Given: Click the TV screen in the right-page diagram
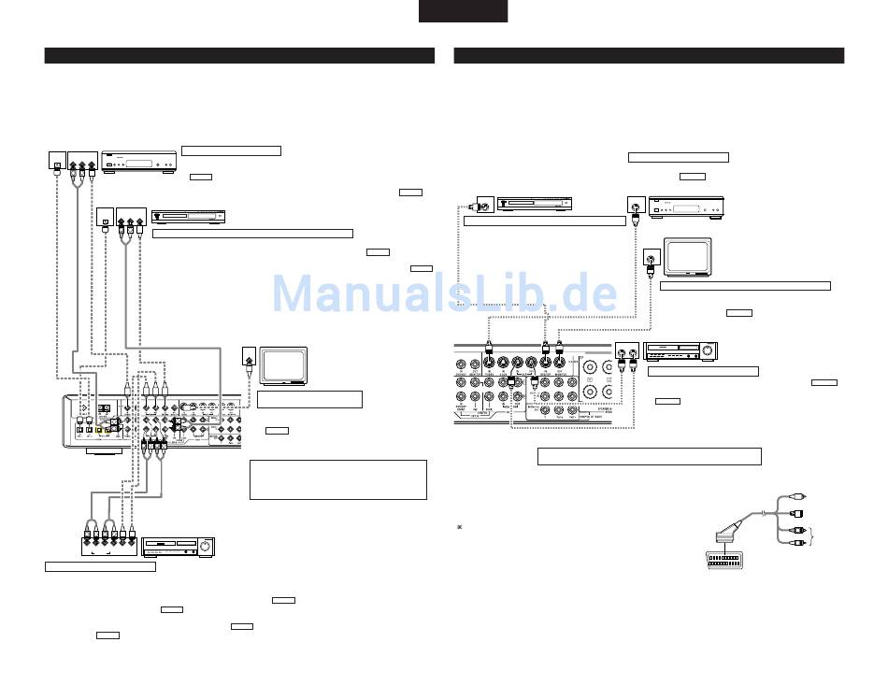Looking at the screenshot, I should coord(687,257).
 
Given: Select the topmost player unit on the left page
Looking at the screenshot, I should coord(137,163).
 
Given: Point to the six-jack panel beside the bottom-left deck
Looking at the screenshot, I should coord(108,543).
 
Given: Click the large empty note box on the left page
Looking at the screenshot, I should coord(338,479).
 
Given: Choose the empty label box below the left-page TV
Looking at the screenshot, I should coord(309,399).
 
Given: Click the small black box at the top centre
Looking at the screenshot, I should coord(463,10).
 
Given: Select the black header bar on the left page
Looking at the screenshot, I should coord(239,56).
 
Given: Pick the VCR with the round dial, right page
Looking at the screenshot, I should coord(680,351).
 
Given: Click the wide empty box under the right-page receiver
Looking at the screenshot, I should coord(649,456).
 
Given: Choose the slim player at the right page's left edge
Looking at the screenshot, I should coord(534,203).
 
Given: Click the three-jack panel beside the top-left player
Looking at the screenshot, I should coord(82,164).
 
